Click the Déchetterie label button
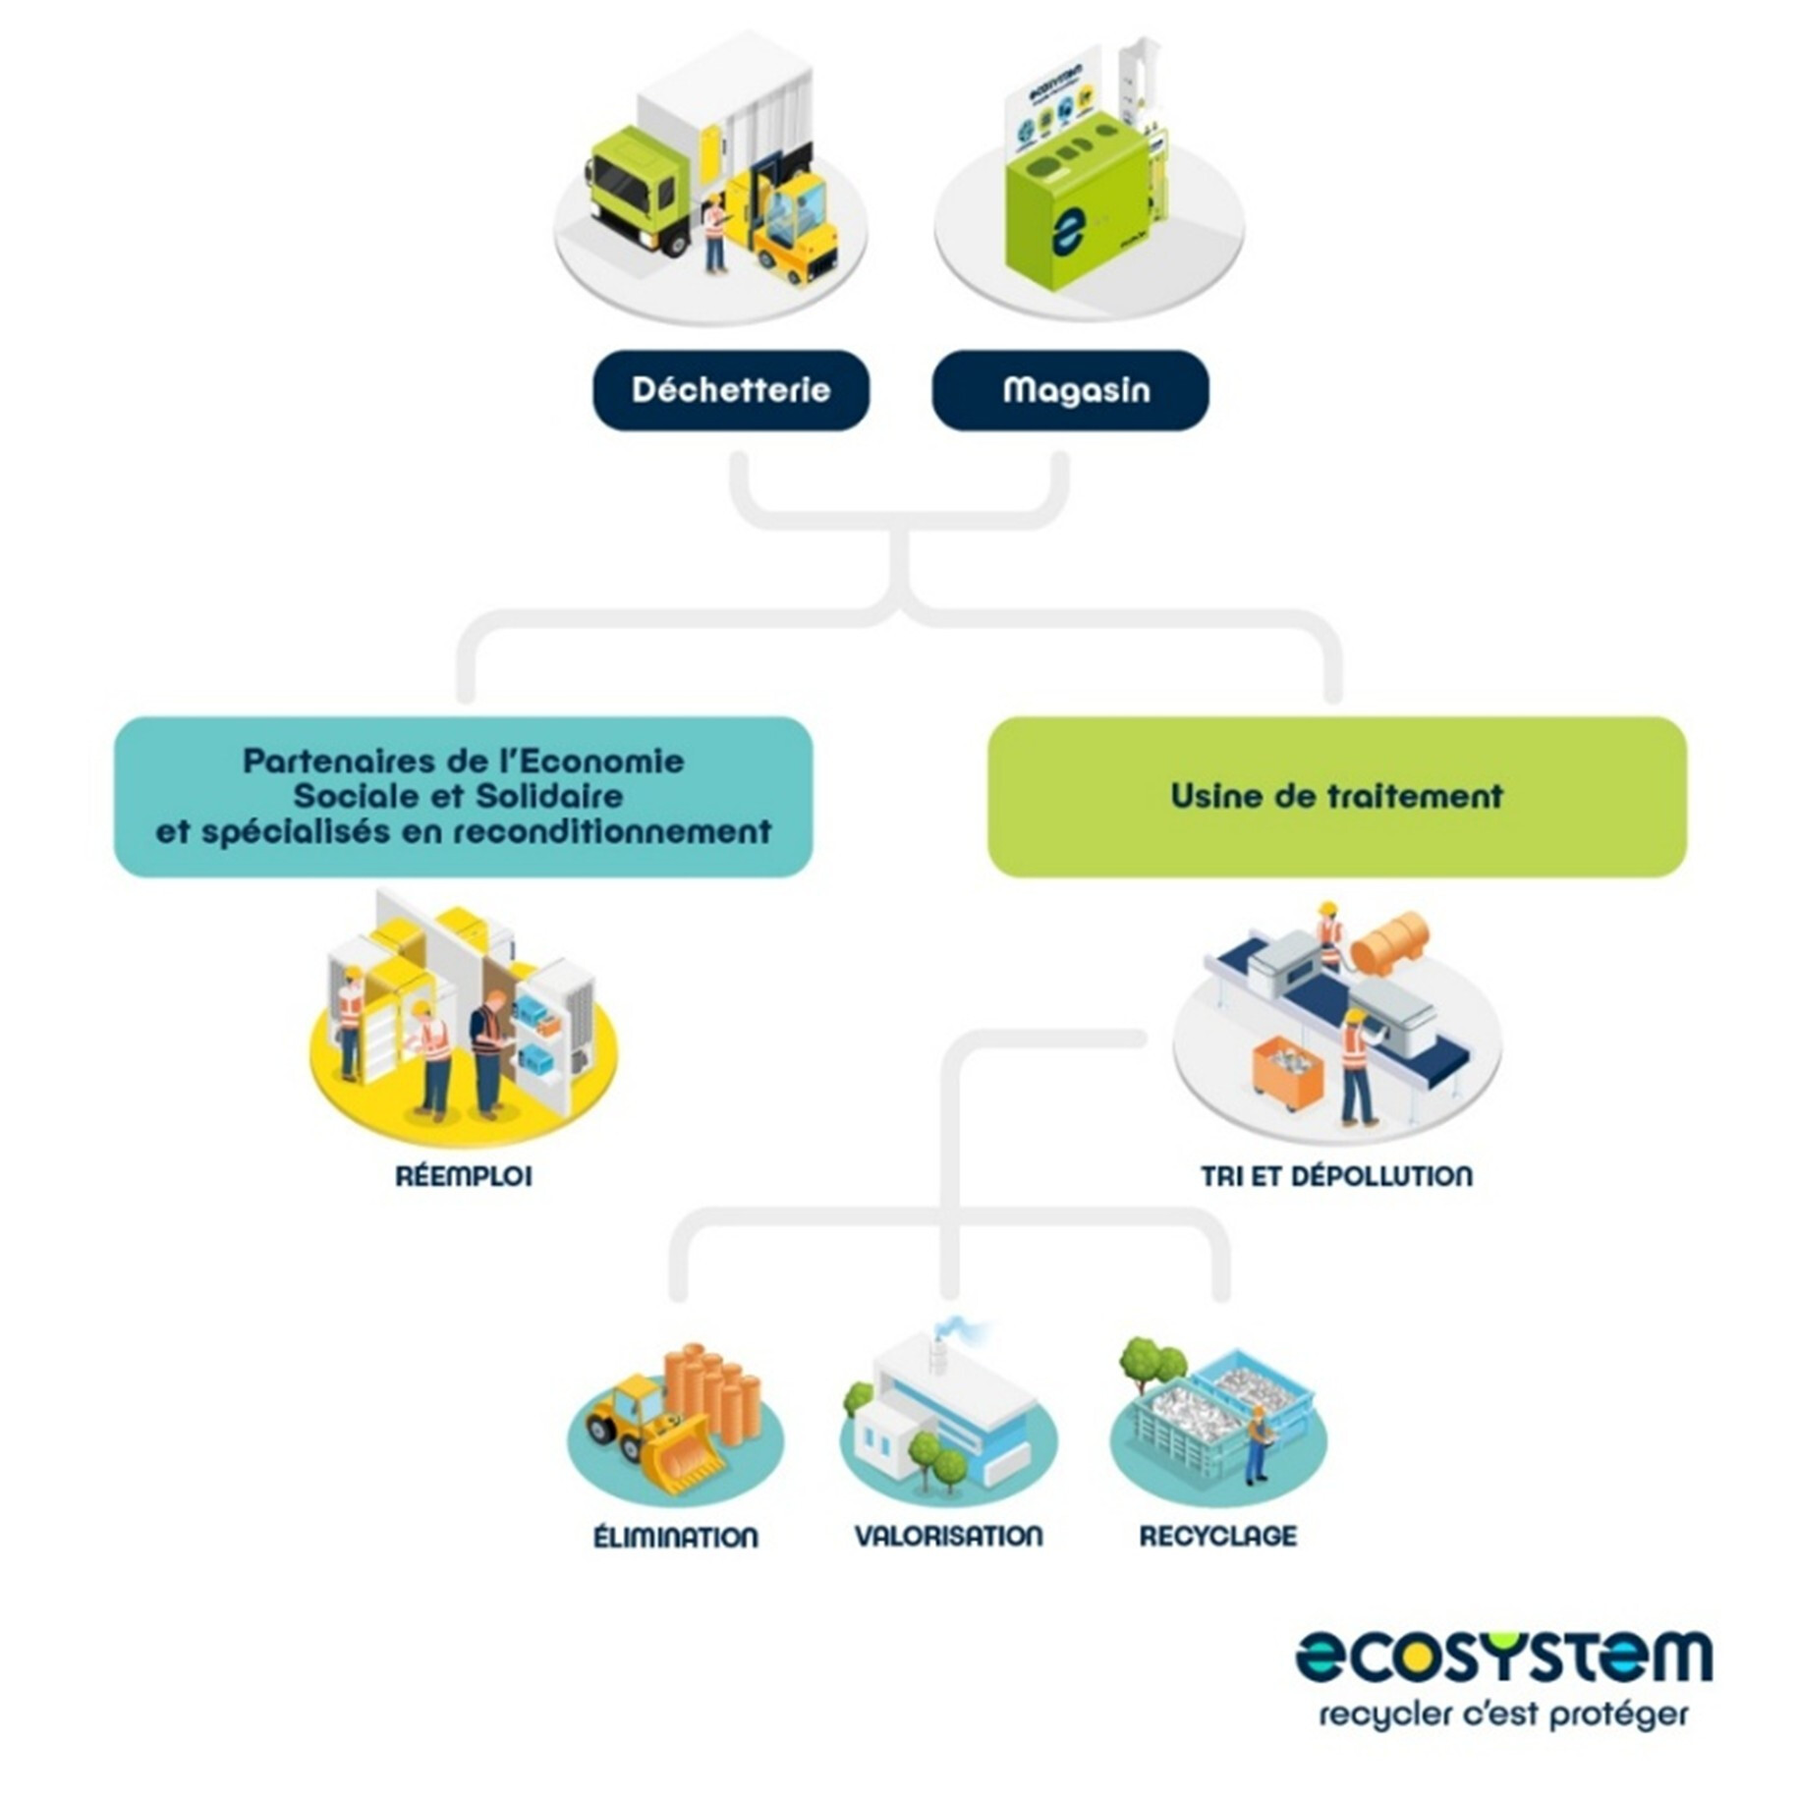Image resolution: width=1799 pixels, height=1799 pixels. pyautogui.click(x=730, y=390)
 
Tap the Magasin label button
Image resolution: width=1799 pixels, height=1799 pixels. pyautogui.click(x=1070, y=390)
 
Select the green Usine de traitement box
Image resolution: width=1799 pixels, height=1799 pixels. pyautogui.click(x=1336, y=796)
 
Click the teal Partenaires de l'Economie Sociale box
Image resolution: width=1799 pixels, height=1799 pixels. pyautogui.click(x=463, y=796)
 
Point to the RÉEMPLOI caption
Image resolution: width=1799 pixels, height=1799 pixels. pyautogui.click(x=464, y=1176)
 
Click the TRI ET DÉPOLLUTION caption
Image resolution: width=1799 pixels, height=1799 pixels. pyautogui.click(x=1336, y=1176)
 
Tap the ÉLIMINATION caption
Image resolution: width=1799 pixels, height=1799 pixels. pyautogui.click(x=676, y=1537)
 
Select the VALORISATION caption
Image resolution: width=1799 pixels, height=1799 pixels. pyautogui.click(x=948, y=1536)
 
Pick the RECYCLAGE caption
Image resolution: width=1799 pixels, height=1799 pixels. pyautogui.click(x=1217, y=1536)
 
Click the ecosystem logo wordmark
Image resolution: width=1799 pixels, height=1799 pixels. pyautogui.click(x=1503, y=1657)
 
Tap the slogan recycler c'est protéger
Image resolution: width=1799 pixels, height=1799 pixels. pyautogui.click(x=1503, y=1715)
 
